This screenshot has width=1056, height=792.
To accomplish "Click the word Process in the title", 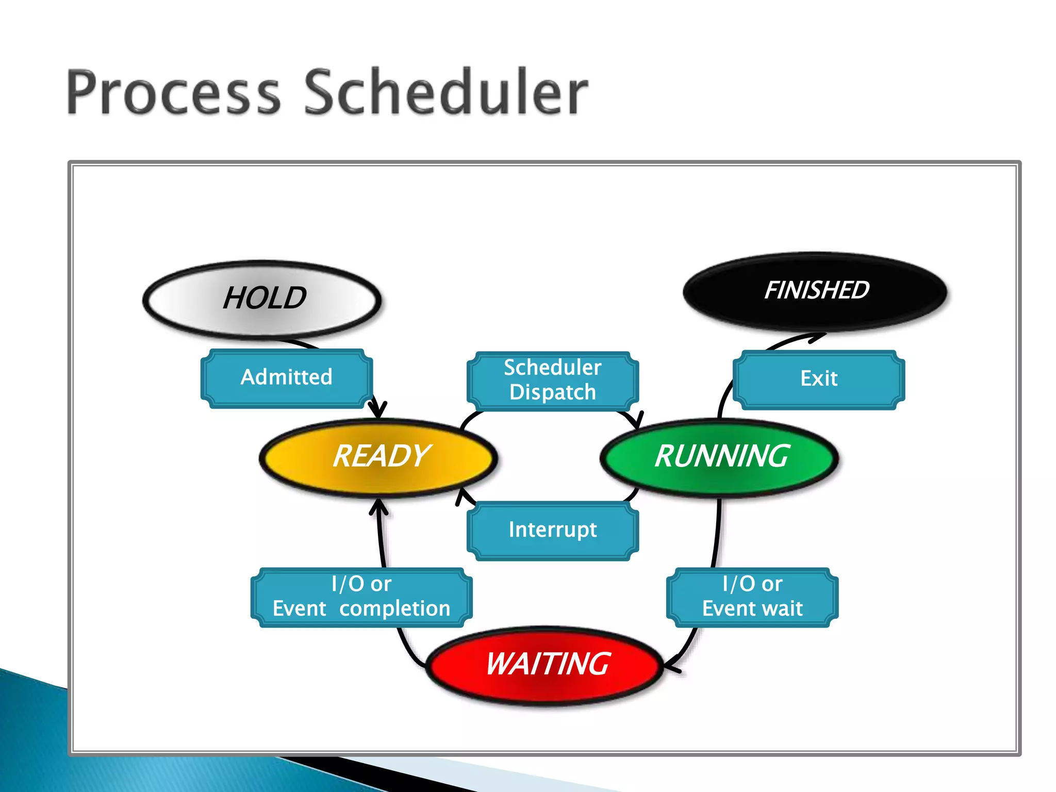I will pos(173,93).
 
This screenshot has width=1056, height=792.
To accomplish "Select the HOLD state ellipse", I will pos(262,299).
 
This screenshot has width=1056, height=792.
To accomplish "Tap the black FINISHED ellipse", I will pos(816,291).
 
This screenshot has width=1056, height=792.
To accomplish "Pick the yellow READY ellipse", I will pos(379,457).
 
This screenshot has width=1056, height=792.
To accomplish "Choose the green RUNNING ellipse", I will pos(720,457).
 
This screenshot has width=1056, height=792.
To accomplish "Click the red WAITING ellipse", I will pos(546,665).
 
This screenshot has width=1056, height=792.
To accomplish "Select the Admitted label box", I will pos(287,378).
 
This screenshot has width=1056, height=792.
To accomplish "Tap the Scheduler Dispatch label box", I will pos(553,381).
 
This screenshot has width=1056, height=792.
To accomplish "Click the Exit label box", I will pos(818,379).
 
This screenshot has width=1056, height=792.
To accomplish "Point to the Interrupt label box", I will pos(553,530).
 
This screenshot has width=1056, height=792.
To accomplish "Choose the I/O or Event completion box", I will pos(361,597).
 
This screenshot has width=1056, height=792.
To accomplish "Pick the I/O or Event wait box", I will pos(752,597).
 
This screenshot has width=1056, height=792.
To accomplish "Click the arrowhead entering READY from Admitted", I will pos(377,411).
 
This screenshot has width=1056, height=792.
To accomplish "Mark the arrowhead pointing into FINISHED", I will pos(818,337).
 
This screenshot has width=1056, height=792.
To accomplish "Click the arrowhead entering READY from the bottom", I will pos(379,505).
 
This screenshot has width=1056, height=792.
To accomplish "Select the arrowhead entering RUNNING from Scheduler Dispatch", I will pos(637,420).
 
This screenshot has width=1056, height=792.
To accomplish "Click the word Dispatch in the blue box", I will pos(553,392).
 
